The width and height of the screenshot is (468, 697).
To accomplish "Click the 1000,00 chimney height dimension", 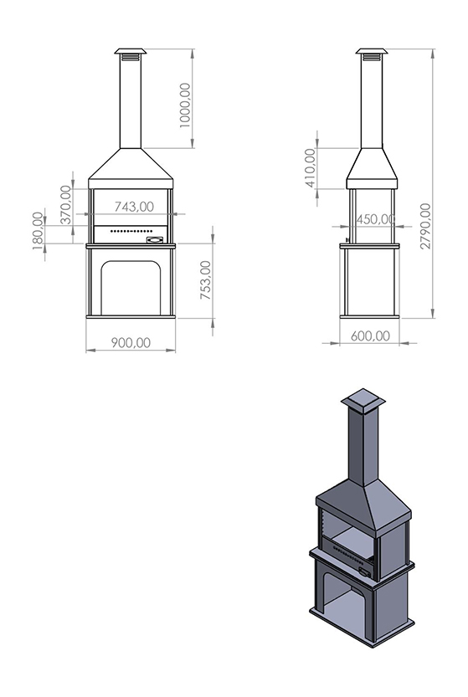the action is [185, 105].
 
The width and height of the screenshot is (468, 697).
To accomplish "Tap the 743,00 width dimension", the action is [134, 207].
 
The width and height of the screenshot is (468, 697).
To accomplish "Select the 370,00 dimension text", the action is [65, 204].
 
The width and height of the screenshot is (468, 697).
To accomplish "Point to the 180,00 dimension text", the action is [39, 231].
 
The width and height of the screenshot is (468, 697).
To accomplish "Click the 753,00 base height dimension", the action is [205, 279].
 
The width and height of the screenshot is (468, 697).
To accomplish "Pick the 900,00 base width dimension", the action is [131, 343].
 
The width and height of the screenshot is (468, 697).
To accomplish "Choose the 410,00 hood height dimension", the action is [310, 167].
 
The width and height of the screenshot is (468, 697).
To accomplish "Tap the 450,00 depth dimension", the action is [375, 219].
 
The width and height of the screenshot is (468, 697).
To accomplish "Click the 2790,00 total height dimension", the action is [426, 226].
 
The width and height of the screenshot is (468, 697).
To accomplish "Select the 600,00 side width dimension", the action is [370, 336].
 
